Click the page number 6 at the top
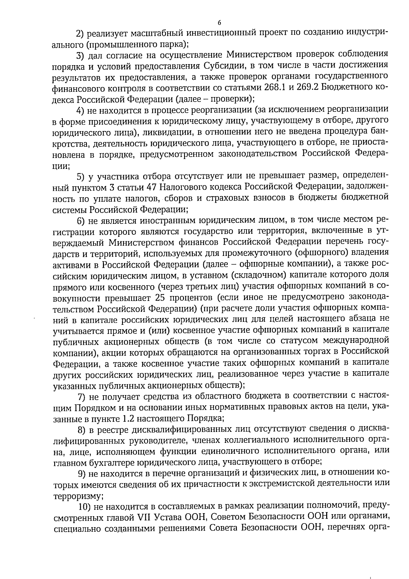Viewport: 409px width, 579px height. (219, 23)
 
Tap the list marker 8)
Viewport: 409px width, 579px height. (82, 429)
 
